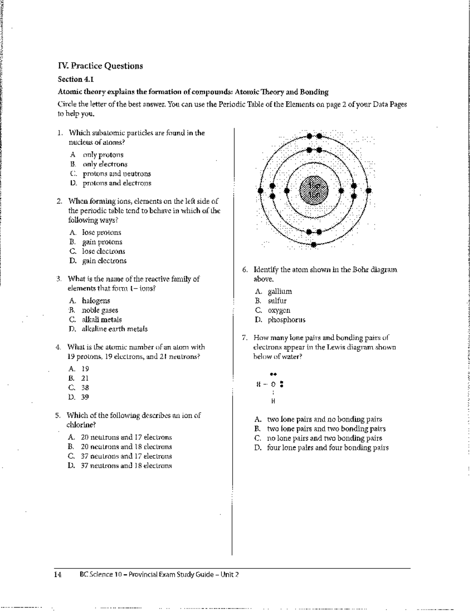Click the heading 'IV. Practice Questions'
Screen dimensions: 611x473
pyautogui.click(x=100, y=66)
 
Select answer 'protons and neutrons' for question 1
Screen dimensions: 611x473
pyautogui.click(x=116, y=174)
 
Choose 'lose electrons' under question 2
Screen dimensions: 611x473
pyautogui.click(x=103, y=251)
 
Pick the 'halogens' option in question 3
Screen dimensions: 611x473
pyautogui.click(x=96, y=301)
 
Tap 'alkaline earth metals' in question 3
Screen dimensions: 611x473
pyautogui.click(x=114, y=329)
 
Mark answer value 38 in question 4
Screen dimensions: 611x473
pyautogui.click(x=85, y=387)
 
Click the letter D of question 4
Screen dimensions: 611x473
pyautogui.click(x=71, y=397)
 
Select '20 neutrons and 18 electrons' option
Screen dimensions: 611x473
pyautogui.click(x=126, y=447)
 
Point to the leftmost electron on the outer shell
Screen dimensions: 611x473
pyautogui.click(x=260, y=191)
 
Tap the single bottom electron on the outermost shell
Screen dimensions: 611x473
pyautogui.click(x=314, y=244)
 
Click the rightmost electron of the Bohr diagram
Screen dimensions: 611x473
pyautogui.click(x=369, y=191)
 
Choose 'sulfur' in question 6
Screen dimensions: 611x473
pyautogui.click(x=277, y=301)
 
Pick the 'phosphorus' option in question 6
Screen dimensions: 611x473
pyautogui.click(x=287, y=320)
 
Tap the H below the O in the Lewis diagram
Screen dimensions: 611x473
pyautogui.click(x=273, y=402)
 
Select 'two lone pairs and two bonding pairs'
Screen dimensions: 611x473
pyautogui.click(x=326, y=429)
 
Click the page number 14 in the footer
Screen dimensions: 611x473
pyautogui.click(x=58, y=574)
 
